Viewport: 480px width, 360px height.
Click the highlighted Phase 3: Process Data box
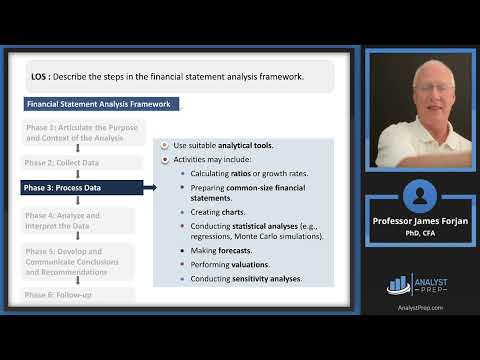[x=85, y=187]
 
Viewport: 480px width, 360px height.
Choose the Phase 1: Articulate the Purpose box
[x=84, y=133]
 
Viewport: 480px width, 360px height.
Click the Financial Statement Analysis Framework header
[x=103, y=104]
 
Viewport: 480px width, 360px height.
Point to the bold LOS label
[x=40, y=76]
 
